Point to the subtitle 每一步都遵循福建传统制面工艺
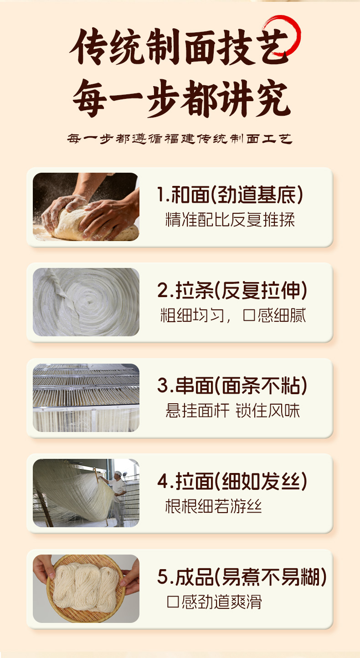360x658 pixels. tap(180, 139)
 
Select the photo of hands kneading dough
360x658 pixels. tap(86, 207)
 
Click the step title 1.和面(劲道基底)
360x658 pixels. tap(230, 195)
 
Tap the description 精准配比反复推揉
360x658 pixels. tap(230, 220)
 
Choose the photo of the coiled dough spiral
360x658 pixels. tap(86, 302)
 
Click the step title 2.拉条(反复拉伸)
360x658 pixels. tap(232, 290)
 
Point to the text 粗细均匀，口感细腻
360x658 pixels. tap(233, 315)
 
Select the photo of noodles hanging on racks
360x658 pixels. tap(86, 398)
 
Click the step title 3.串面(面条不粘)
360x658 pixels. tap(232, 386)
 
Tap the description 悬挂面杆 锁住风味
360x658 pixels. tap(232, 411)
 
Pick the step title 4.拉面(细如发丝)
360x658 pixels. tap(232, 481)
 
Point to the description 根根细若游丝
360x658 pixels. tap(213, 506)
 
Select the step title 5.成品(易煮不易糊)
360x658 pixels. tap(242, 577)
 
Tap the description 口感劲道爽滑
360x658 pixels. tap(214, 601)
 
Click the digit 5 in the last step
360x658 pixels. tap(163, 577)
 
